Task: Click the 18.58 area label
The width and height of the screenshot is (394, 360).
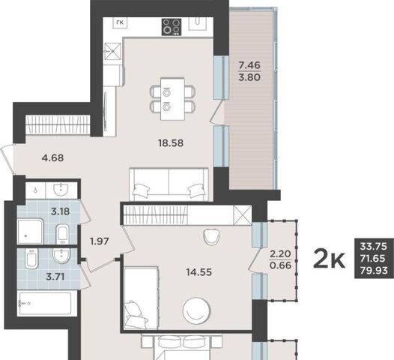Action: tap(171, 143)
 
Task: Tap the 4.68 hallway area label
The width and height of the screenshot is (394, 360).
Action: tap(52, 158)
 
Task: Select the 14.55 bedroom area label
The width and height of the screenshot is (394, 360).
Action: tap(199, 272)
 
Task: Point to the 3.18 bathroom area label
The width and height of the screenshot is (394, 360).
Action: tap(61, 211)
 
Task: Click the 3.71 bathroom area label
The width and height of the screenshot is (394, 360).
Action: tap(55, 277)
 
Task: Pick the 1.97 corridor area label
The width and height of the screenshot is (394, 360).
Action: tap(100, 241)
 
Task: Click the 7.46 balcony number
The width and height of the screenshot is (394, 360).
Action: tap(249, 65)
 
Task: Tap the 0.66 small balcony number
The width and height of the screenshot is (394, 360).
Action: tap(280, 265)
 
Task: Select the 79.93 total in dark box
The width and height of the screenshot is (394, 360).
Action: tap(374, 271)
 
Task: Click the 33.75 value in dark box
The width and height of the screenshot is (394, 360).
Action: tap(374, 246)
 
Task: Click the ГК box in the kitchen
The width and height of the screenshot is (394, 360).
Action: tap(120, 22)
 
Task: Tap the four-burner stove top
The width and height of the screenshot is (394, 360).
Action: tap(172, 27)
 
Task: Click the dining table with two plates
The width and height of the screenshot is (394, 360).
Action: tap(173, 99)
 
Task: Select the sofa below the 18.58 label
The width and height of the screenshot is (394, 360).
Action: tap(169, 184)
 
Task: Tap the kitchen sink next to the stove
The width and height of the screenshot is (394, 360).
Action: tap(198, 24)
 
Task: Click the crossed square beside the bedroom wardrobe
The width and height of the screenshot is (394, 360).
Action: tap(243, 214)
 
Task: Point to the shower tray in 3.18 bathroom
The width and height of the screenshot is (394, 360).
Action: tap(31, 231)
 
